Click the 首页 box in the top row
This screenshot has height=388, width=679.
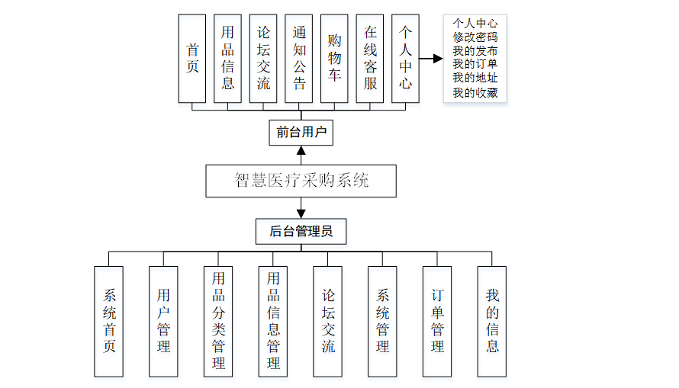191,58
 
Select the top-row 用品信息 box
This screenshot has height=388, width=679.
227,58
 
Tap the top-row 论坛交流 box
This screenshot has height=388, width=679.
263,58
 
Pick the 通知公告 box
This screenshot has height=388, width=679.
299,58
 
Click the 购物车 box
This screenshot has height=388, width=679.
334,58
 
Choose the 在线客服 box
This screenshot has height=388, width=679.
370,58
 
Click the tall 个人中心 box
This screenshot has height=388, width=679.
405,58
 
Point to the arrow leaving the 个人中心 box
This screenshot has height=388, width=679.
431,58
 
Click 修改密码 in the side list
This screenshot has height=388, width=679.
475,37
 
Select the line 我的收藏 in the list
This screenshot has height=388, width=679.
475,93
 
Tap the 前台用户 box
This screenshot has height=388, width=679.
301,133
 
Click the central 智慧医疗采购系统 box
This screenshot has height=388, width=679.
301,181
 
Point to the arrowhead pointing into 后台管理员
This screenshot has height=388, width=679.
301,213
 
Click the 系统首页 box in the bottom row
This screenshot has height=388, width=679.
109,321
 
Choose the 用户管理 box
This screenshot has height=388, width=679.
163,321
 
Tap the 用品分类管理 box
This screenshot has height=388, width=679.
218,321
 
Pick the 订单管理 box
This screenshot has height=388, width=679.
437,321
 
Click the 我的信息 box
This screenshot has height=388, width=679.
492,321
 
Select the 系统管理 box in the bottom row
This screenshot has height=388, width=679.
382,321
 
